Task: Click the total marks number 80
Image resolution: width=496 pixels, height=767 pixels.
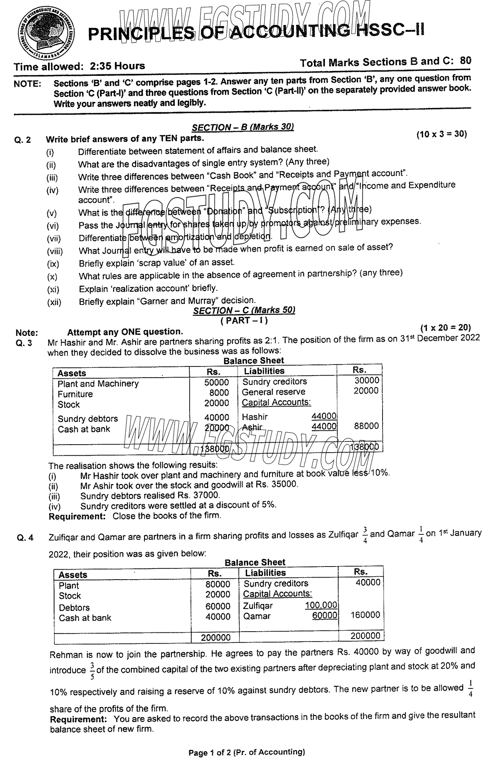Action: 465,61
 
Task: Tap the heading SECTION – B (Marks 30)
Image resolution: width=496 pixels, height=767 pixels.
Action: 242,127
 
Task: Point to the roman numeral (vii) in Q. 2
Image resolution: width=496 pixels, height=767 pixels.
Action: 54,239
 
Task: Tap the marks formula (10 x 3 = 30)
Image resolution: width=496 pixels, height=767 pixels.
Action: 442,134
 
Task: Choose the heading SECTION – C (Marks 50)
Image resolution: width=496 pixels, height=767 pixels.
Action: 244,310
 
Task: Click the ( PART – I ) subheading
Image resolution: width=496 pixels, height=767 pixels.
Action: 244,320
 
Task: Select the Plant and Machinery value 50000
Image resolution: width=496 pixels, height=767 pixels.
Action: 217,383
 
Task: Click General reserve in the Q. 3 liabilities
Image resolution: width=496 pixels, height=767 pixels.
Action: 274,392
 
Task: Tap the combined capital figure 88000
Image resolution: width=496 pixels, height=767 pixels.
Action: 366,426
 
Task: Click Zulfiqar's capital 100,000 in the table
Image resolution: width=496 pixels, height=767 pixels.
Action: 321,605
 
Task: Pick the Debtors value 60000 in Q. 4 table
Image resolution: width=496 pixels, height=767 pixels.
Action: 218,607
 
